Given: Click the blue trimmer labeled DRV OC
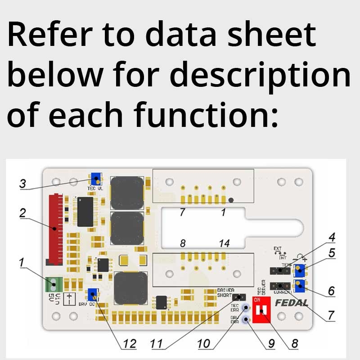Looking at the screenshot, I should pyautogui.click(x=93, y=295).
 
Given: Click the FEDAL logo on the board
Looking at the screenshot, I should pyautogui.click(x=292, y=302).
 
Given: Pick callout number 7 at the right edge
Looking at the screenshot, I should pyautogui.click(x=331, y=315).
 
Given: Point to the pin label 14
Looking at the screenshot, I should pyautogui.click(x=224, y=243).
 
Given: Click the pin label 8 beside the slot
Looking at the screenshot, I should pyautogui.click(x=183, y=243).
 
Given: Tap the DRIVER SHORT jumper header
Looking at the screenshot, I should pyautogui.click(x=239, y=297).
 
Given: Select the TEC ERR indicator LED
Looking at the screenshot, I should pyautogui.click(x=246, y=308).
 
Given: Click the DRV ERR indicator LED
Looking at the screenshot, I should pyautogui.click(x=246, y=320).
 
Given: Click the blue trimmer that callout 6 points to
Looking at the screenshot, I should pyautogui.click(x=299, y=285).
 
